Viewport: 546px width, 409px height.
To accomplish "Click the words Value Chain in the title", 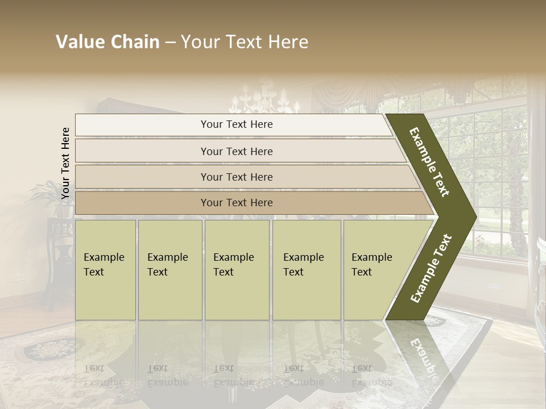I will coord(107,42).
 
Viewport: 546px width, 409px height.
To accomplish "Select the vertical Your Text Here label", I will coord(66,163).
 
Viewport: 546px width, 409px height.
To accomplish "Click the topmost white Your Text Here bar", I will coord(236,124).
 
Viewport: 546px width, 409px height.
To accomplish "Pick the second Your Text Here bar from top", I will coord(236,151).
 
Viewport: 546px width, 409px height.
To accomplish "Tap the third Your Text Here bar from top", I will coord(236,177).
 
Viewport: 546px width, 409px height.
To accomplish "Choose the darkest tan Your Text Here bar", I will coord(236,203).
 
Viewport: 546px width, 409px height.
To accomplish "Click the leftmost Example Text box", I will coord(105,270).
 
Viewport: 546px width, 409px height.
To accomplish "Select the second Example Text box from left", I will coord(169,270).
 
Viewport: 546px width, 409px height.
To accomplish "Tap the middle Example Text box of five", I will coord(237,270).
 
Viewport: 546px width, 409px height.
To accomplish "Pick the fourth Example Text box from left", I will coord(306,270).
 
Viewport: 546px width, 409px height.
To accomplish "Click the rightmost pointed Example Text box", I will coord(375,270).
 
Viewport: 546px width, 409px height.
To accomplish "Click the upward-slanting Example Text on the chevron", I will coord(431,268).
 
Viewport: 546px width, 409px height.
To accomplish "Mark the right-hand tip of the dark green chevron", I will coord(475,216).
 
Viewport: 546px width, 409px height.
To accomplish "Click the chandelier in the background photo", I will coord(263,101).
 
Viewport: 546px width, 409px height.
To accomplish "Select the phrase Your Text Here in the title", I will coord(245,42).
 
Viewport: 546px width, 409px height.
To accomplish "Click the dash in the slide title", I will coord(170,42).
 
